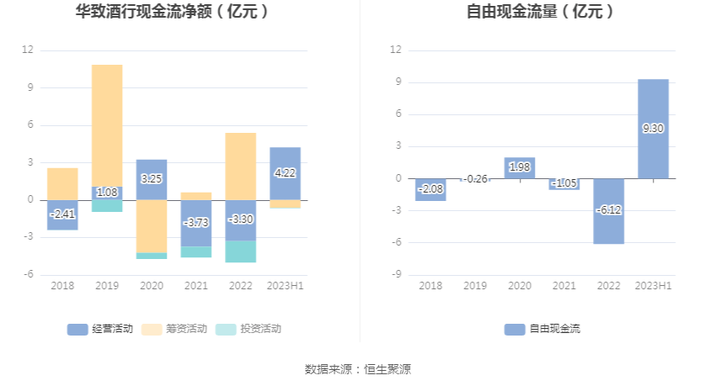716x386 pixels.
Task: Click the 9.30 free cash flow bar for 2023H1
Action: tap(653, 129)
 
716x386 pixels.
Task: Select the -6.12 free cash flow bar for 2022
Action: tap(609, 211)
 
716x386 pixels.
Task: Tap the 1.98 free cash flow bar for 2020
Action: tap(520, 167)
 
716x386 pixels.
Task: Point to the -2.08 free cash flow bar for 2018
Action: tap(430, 189)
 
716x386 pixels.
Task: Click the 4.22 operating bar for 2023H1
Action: tap(285, 173)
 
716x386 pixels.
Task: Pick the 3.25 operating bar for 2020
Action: tap(152, 179)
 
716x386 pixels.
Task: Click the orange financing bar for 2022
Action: tap(240, 166)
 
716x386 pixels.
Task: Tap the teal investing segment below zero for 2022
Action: tap(240, 251)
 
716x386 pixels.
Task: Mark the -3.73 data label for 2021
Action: tap(195, 221)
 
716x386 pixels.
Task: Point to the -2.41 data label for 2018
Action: tap(62, 214)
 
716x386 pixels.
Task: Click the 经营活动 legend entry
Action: tap(100, 329)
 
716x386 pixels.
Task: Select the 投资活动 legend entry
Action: tap(248, 329)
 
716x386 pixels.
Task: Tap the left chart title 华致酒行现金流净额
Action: tap(172, 12)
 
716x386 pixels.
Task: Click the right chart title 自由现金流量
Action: tap(540, 12)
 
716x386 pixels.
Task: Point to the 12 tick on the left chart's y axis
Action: tap(28, 50)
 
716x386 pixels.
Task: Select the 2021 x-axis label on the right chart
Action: tap(564, 286)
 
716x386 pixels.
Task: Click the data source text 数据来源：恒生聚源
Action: tap(358, 369)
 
